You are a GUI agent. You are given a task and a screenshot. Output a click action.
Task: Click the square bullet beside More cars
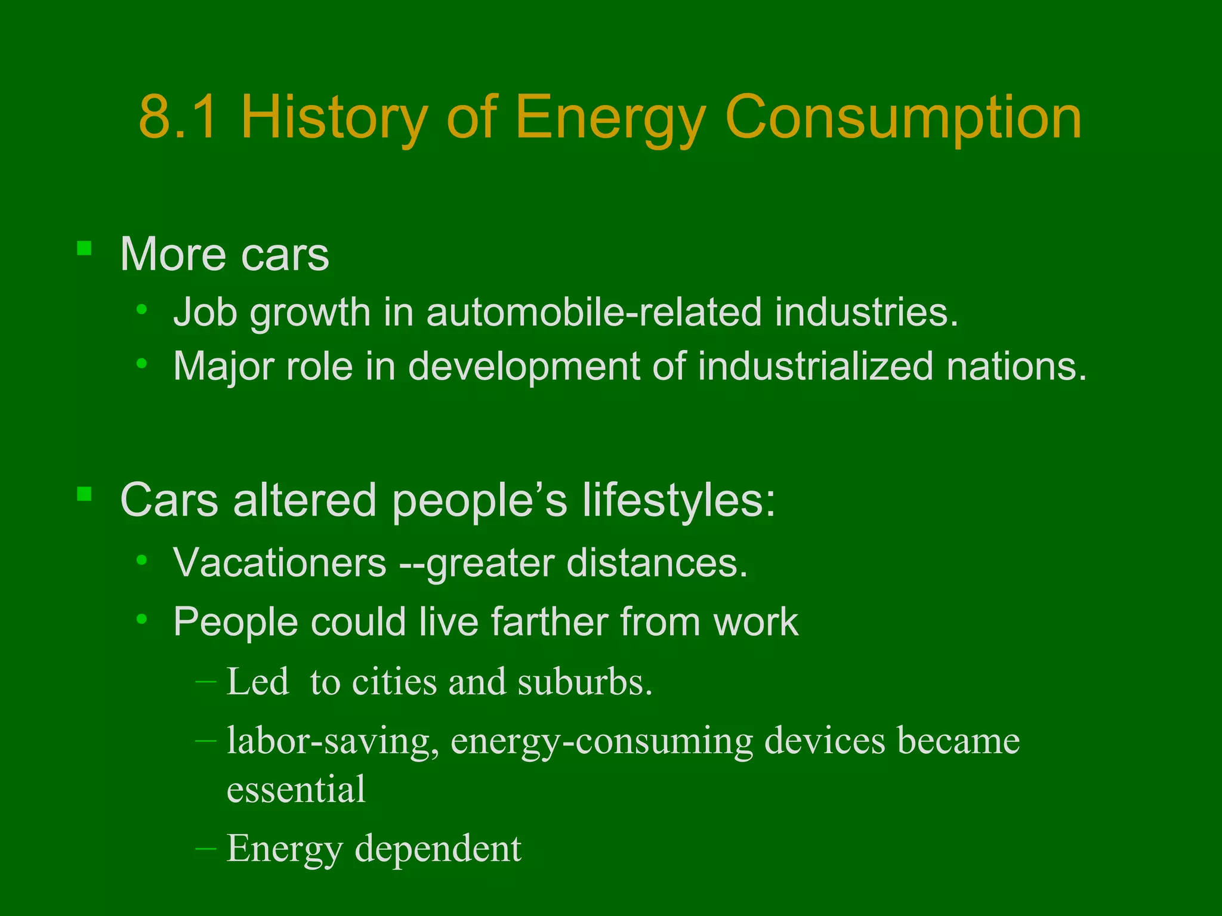pos(84,248)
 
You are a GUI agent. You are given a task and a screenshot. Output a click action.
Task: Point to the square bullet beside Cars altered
pos(84,494)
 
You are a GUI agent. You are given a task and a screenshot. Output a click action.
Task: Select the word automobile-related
pos(594,312)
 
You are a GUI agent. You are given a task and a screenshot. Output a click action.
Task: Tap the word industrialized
pos(815,366)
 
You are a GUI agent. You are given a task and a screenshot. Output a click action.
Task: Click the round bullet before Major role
pos(141,363)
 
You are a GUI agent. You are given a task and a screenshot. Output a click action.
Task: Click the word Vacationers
pos(280,562)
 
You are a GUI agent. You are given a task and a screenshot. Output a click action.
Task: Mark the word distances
pos(657,562)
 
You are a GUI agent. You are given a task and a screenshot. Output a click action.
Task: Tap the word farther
pos(550,621)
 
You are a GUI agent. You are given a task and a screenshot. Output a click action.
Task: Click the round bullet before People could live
pos(141,619)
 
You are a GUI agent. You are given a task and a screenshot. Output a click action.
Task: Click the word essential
pos(296,789)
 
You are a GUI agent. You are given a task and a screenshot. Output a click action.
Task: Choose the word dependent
pos(438,849)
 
